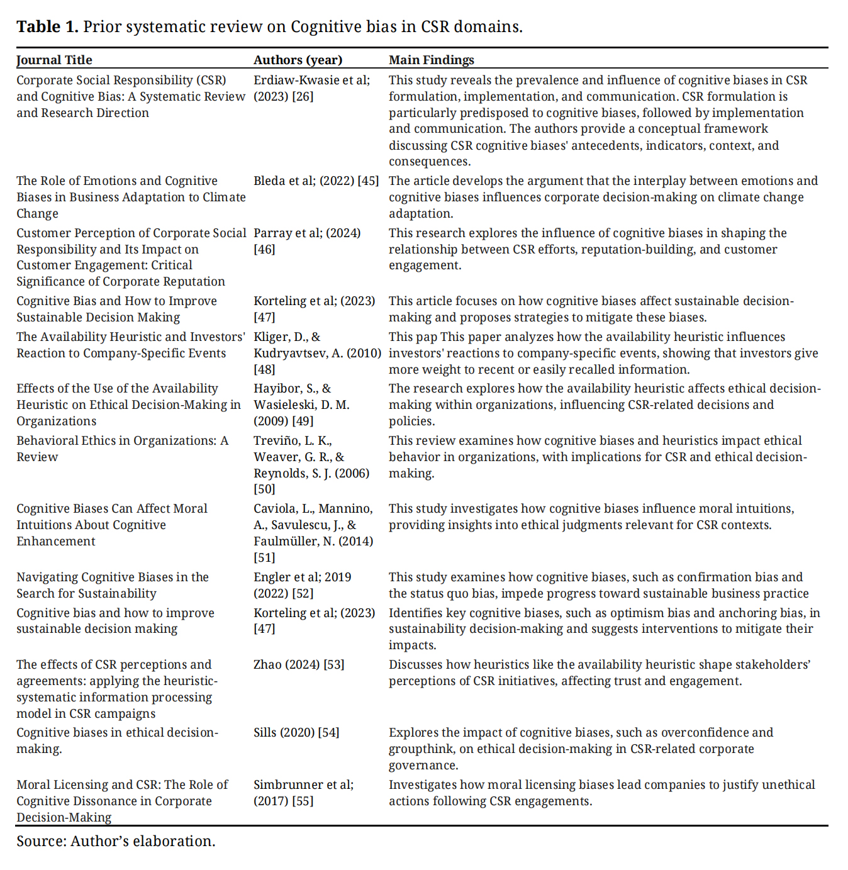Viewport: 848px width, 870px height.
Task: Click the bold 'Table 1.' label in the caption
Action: point(47,26)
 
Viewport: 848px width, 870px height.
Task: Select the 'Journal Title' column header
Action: point(54,60)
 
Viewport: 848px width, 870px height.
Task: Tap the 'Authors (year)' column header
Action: point(298,60)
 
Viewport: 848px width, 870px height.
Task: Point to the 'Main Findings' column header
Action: point(431,60)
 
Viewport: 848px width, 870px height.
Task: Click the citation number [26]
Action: point(303,96)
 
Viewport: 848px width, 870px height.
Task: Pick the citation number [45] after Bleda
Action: point(368,181)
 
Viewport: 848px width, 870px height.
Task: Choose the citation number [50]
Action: point(264,489)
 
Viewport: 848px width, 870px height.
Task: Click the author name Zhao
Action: point(267,664)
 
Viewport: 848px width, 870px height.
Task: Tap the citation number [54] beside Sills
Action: point(328,732)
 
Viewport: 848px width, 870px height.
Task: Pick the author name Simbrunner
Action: point(288,784)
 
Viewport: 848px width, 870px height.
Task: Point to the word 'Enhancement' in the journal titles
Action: point(56,541)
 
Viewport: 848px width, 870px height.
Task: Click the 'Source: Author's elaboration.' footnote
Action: point(116,841)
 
